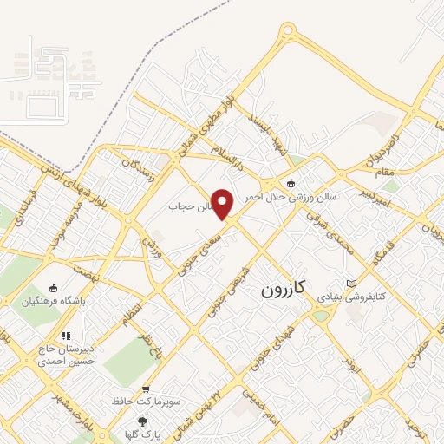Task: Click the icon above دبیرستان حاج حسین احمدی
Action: [x=65, y=336]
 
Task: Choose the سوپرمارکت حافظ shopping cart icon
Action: [x=145, y=389]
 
